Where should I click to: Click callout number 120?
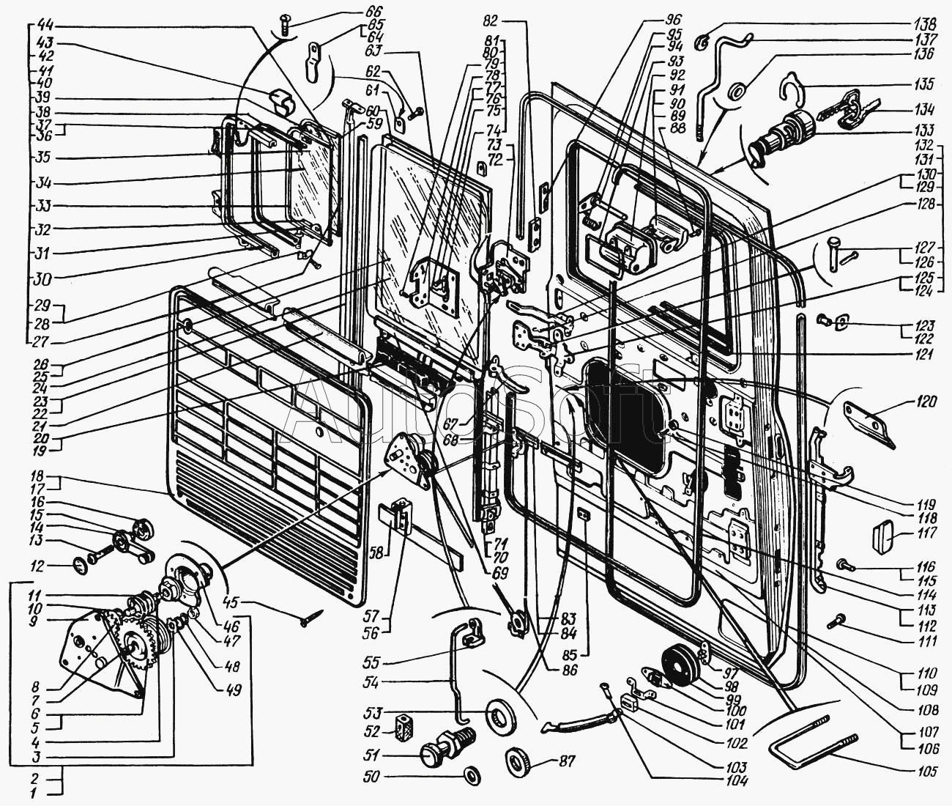pos(924,402)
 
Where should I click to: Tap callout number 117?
pos(925,534)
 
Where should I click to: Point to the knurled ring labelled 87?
pos(518,758)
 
